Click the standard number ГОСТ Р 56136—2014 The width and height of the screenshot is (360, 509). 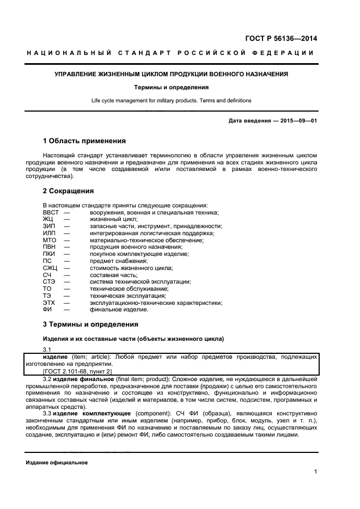(282, 39)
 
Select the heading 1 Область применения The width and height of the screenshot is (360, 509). (84, 141)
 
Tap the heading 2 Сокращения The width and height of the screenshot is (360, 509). (68, 191)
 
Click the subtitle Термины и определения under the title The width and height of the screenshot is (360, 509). (172, 87)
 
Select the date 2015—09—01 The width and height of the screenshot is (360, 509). (298, 120)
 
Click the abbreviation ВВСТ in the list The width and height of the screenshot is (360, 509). (51, 212)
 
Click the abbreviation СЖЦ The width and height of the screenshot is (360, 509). (50, 268)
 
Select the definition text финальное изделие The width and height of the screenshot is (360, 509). (119, 310)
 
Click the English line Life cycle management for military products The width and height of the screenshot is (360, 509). (172, 101)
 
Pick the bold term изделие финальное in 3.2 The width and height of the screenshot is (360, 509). (81, 378)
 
